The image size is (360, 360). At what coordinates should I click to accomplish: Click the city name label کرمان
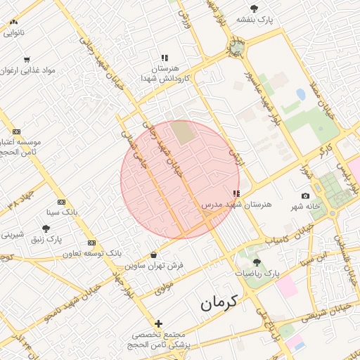[x=219, y=303]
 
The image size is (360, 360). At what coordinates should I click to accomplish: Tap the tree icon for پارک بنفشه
[x=254, y=8]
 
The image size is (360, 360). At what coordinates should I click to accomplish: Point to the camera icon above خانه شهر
[x=305, y=196]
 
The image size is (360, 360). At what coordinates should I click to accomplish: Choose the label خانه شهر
[x=304, y=207]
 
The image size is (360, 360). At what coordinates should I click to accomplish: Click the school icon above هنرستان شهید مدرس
[x=236, y=193]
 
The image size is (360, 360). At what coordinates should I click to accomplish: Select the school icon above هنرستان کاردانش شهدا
[x=164, y=58]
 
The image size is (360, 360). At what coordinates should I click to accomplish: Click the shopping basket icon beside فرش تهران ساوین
[x=153, y=255]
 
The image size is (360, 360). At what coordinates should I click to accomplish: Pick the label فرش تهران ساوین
[x=155, y=266]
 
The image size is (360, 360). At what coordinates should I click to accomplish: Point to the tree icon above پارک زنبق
[x=46, y=229]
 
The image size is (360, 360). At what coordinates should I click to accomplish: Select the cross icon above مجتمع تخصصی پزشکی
[x=158, y=323]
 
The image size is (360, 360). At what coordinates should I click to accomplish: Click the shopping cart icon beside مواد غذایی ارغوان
[x=27, y=60]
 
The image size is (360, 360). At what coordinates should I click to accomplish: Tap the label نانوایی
[x=13, y=32]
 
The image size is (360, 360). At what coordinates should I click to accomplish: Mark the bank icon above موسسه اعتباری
[x=17, y=131]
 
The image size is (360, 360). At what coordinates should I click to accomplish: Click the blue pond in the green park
[x=301, y=94]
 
